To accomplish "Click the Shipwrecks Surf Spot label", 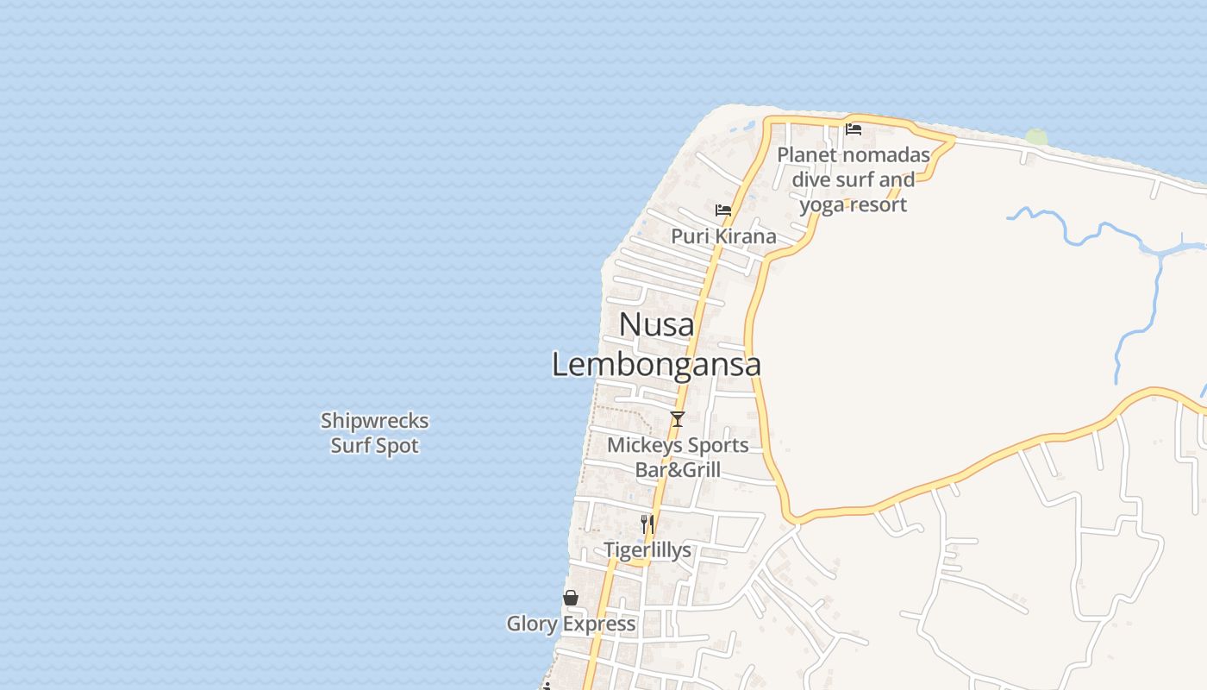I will click(x=375, y=433).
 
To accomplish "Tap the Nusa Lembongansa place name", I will click(x=656, y=344).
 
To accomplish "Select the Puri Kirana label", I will click(x=723, y=236).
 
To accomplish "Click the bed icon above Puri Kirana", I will click(x=723, y=210).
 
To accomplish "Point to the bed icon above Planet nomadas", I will click(x=854, y=129).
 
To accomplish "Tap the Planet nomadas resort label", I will click(x=854, y=179).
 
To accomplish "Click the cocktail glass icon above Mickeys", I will click(x=678, y=419).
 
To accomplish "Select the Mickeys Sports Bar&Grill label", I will click(x=678, y=457).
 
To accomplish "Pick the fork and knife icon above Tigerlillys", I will click(x=647, y=524).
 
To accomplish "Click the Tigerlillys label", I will click(x=647, y=550).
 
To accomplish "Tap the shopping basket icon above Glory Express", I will click(x=571, y=598).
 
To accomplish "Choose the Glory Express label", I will click(x=571, y=624).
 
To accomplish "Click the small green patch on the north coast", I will click(x=1036, y=137).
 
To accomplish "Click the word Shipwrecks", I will click(x=375, y=421).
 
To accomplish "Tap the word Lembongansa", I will click(x=656, y=364).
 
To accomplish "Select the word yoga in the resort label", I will click(x=822, y=205).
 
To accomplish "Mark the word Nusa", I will click(x=656, y=324).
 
